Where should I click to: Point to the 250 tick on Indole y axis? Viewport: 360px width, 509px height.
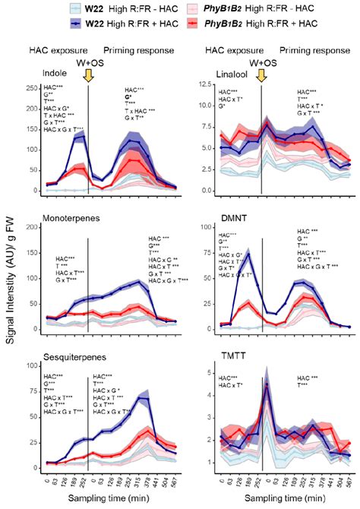[x=30, y=88]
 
